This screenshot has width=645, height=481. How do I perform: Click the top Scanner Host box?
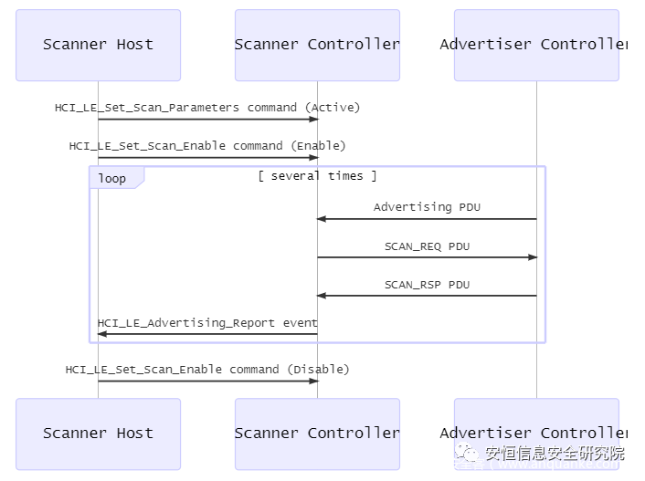98,45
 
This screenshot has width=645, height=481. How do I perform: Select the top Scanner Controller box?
317,45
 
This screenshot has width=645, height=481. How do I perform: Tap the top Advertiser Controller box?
536,45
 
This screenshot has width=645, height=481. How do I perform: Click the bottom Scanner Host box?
98,434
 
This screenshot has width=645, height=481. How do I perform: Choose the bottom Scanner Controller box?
317,434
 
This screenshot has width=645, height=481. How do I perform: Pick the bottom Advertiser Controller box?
536,434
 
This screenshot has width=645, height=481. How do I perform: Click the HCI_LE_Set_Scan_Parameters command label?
207,108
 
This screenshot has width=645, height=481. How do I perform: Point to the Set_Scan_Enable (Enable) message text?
207,146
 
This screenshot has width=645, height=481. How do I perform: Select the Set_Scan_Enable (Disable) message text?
207,370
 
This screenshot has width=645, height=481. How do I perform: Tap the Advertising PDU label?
427,207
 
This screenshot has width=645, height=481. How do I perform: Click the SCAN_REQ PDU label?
427,246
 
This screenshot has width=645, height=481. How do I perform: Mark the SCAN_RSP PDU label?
427,285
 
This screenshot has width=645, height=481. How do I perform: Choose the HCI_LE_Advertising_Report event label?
207,323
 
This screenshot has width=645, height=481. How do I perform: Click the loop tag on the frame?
112,178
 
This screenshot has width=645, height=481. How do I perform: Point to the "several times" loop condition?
317,176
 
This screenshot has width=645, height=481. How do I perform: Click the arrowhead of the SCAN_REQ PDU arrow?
533,257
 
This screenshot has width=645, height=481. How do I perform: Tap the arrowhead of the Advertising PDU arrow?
322,219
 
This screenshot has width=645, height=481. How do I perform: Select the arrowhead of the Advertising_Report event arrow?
102,334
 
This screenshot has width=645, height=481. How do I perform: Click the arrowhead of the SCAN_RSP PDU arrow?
322,296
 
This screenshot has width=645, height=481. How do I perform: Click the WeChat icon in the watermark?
470,454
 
